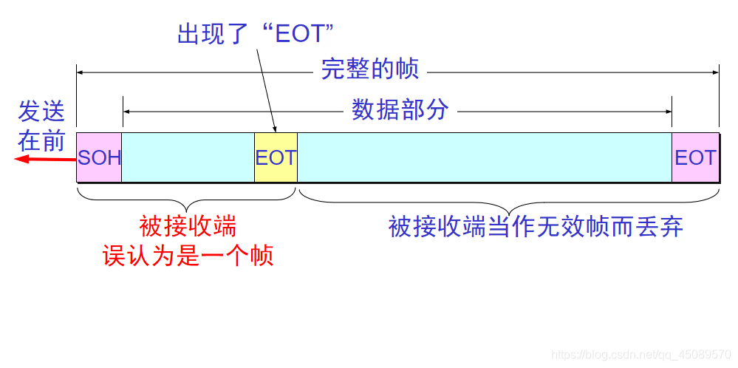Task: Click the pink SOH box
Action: [x=99, y=157]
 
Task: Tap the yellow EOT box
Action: [x=276, y=157]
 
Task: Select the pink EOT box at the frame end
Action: [x=695, y=157]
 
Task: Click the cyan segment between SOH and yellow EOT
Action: [x=188, y=157]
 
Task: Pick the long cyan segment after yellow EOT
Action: [x=484, y=157]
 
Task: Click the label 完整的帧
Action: [x=370, y=70]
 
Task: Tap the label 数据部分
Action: [x=400, y=111]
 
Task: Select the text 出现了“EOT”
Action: [x=256, y=34]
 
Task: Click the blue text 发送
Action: [x=41, y=112]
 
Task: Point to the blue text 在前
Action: [x=41, y=140]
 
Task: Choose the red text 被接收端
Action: [x=188, y=225]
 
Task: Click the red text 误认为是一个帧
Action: [x=188, y=256]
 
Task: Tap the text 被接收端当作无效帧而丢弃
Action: [x=536, y=226]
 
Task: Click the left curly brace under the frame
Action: [x=188, y=199]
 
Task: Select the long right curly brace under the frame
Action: [x=508, y=199]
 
